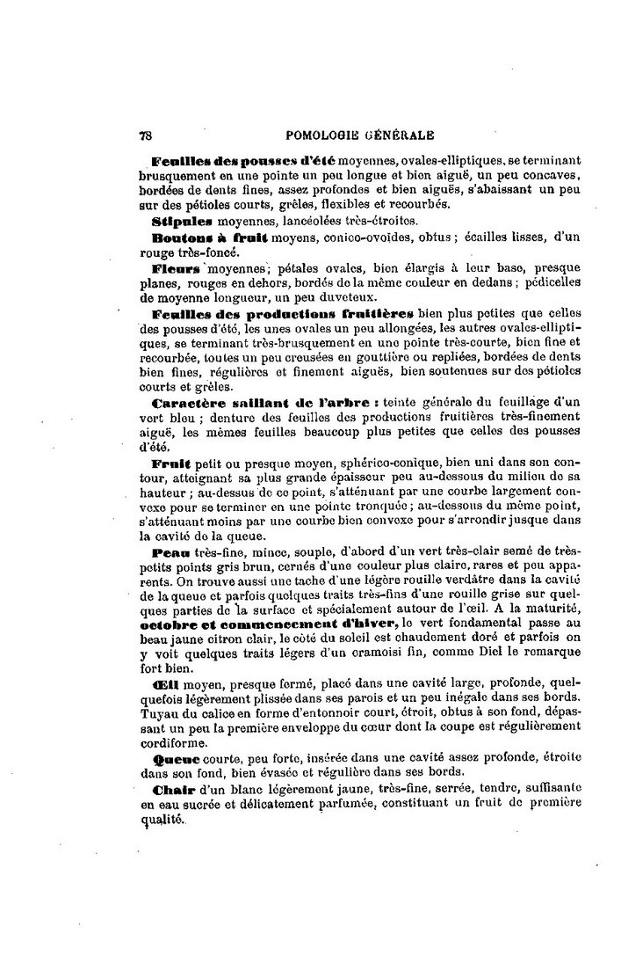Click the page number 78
coord(146,135)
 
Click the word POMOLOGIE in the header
coord(326,135)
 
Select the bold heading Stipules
coord(178,221)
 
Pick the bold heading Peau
coord(170,552)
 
